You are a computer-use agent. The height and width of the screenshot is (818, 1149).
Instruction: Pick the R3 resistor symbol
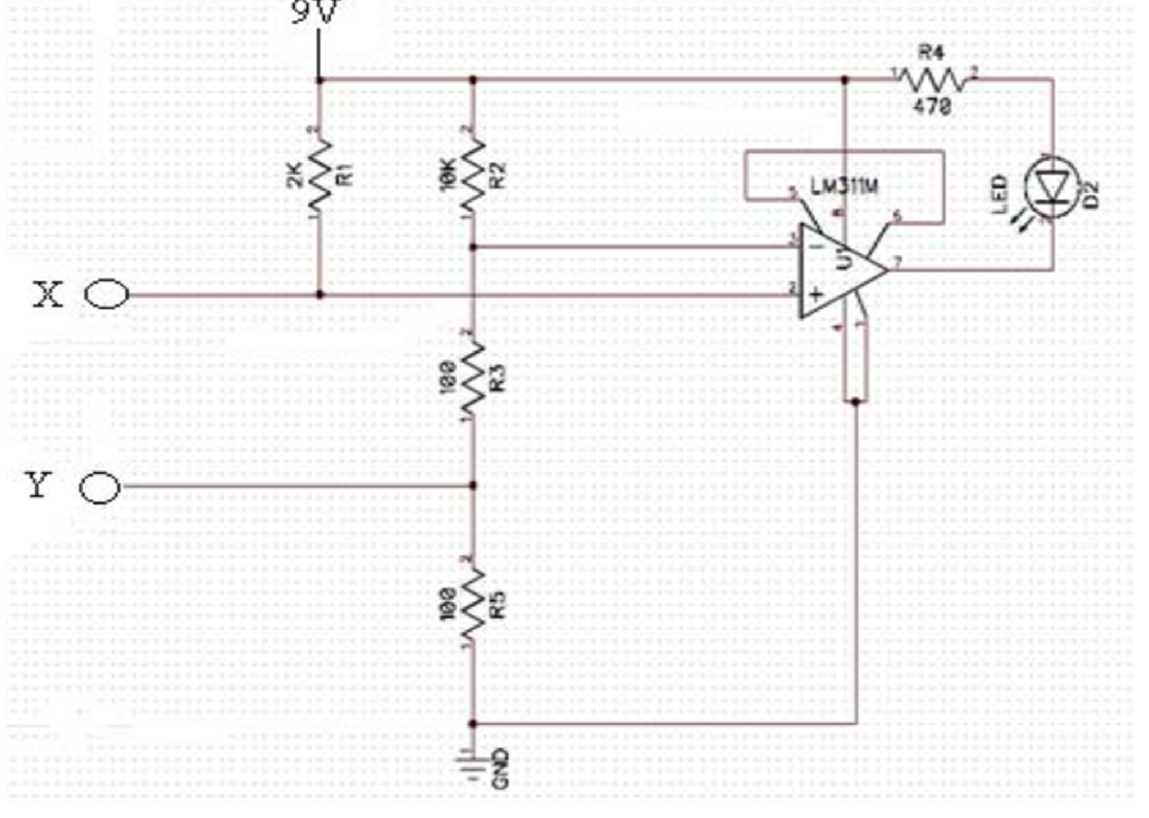point(473,376)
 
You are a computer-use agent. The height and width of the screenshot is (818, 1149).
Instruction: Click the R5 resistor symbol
point(473,604)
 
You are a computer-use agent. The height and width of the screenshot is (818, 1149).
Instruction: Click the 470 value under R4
point(932,106)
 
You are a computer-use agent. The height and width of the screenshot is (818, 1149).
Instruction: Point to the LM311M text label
point(845,187)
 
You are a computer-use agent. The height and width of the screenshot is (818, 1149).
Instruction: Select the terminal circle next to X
point(106,294)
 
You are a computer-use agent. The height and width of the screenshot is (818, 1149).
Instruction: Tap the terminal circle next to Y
point(100,487)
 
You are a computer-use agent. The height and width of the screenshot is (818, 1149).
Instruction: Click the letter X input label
point(47,294)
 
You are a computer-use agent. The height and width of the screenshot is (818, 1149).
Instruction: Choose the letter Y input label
point(38,485)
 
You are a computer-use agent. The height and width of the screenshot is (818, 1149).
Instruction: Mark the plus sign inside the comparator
point(815,294)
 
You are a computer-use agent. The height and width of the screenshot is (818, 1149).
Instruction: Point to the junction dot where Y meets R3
point(473,486)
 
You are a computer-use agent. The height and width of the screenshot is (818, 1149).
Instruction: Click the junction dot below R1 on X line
point(320,294)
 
